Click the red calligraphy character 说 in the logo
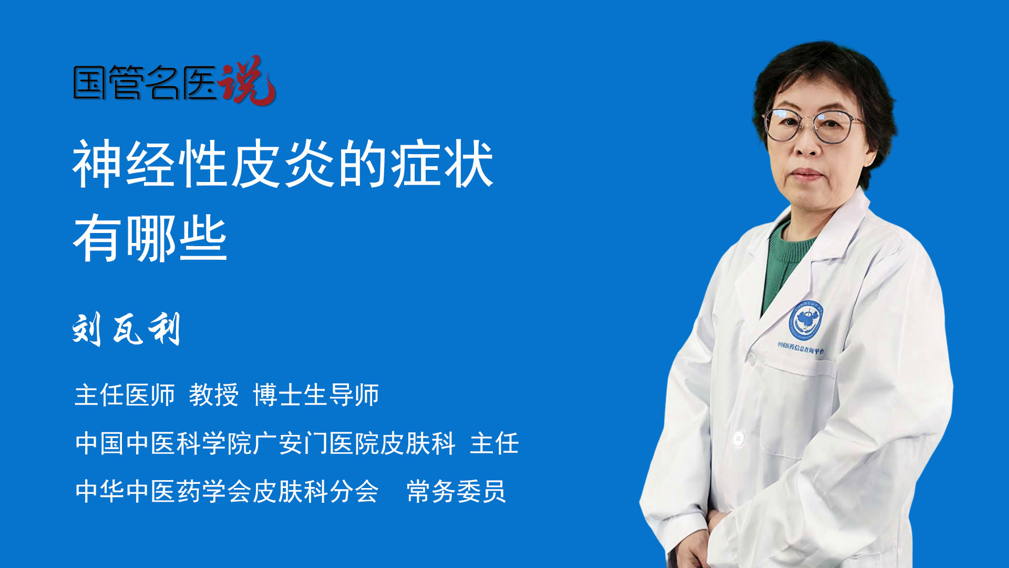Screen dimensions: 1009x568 247,80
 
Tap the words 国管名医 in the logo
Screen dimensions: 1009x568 145,83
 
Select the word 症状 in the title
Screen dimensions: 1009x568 442,164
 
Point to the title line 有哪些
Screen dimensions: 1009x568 150,238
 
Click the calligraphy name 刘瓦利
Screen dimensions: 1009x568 127,329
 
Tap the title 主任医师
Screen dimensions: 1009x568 125,394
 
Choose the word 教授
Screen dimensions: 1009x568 214,394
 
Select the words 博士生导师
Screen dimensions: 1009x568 316,394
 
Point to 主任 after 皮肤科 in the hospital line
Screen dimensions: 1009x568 495,443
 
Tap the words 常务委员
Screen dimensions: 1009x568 456,491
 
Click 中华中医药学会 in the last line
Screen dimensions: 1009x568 163,491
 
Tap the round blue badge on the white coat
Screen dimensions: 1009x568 806,319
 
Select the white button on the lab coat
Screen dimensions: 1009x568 738,438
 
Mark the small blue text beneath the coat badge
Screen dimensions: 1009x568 801,348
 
